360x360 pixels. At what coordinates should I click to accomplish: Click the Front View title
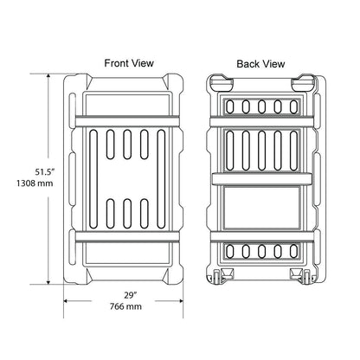click(129, 63)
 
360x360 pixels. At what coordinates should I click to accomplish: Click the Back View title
click(260, 63)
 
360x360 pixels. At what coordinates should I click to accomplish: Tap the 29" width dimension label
click(129, 295)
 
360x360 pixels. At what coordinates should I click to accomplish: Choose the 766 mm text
click(129, 307)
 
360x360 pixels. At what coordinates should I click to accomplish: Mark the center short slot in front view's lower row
click(129, 213)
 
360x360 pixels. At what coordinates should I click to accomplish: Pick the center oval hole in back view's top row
click(260, 106)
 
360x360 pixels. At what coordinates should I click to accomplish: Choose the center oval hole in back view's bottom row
click(260, 251)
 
